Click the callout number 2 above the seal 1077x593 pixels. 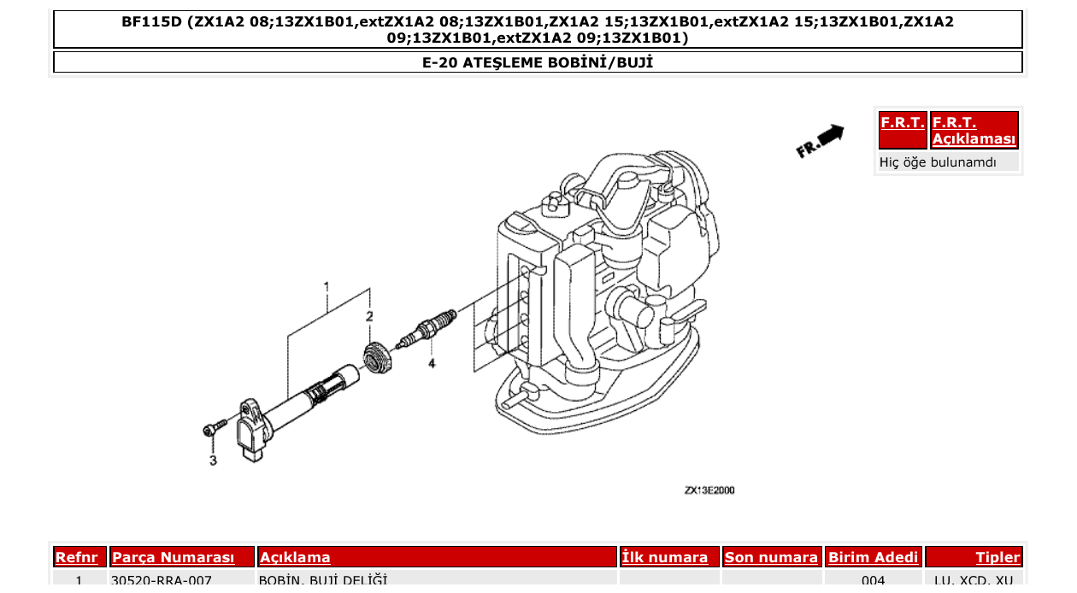[x=369, y=317]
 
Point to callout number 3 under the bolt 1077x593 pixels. [x=213, y=461]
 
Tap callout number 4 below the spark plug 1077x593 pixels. [x=432, y=363]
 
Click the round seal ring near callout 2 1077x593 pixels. [x=376, y=355]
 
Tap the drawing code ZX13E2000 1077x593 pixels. [x=709, y=490]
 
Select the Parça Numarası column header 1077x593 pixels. [x=174, y=557]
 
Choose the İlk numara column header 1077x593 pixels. [x=665, y=557]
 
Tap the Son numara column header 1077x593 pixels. [x=771, y=557]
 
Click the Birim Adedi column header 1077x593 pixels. [x=874, y=557]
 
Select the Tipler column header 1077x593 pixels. [x=998, y=557]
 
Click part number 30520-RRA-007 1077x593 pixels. [x=162, y=581]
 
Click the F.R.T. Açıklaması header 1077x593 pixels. [x=974, y=131]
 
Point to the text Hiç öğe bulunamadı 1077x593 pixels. [x=938, y=162]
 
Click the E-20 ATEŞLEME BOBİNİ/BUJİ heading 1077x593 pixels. [x=538, y=62]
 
